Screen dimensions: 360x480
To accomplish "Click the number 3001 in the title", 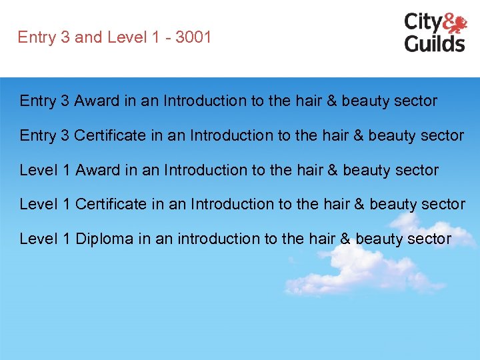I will (193, 37).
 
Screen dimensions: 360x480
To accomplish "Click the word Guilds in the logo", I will (435, 43).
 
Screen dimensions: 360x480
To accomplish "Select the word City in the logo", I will (422, 23).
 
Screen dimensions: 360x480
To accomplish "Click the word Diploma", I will (105, 239).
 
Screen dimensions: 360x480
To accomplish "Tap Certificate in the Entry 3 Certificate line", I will (109, 135).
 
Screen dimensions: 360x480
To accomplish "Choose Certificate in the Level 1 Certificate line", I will (111, 204).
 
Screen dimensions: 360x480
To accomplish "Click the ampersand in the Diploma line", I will (345, 239).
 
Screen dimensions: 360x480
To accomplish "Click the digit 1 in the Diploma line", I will (66, 239).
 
